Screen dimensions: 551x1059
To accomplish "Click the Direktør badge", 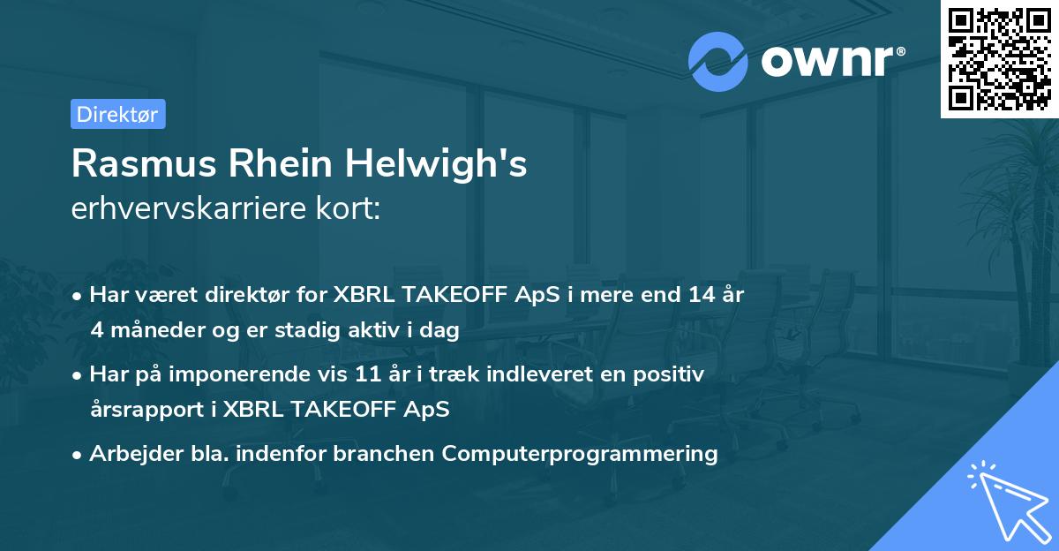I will click(117, 114).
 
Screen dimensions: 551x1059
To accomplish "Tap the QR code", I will click(1000, 58).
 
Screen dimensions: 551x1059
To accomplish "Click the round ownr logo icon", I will click(718, 61).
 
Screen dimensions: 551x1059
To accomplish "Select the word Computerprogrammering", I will click(580, 454).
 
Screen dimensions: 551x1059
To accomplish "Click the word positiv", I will click(671, 374).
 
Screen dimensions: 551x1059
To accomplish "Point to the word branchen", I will click(393, 454).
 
